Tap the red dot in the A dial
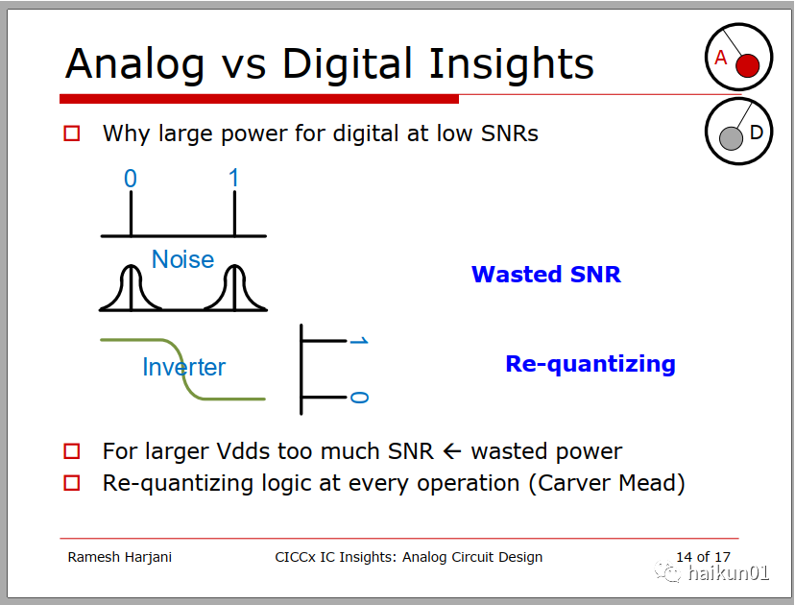[747, 66]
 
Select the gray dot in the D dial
[731, 138]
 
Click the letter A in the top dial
[720, 58]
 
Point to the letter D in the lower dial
[757, 133]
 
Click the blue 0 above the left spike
[131, 179]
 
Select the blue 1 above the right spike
[233, 178]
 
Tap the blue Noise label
[183, 259]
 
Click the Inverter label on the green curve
[184, 367]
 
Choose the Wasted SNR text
[546, 275]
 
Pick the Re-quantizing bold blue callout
[590, 365]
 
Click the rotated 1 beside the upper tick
[359, 340]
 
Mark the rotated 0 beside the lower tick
[359, 397]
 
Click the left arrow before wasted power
[452, 450]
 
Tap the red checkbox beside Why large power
[71, 133]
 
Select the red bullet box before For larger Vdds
[71, 450]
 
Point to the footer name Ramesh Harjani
[120, 557]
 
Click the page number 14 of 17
[703, 556]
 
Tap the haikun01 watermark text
[729, 573]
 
